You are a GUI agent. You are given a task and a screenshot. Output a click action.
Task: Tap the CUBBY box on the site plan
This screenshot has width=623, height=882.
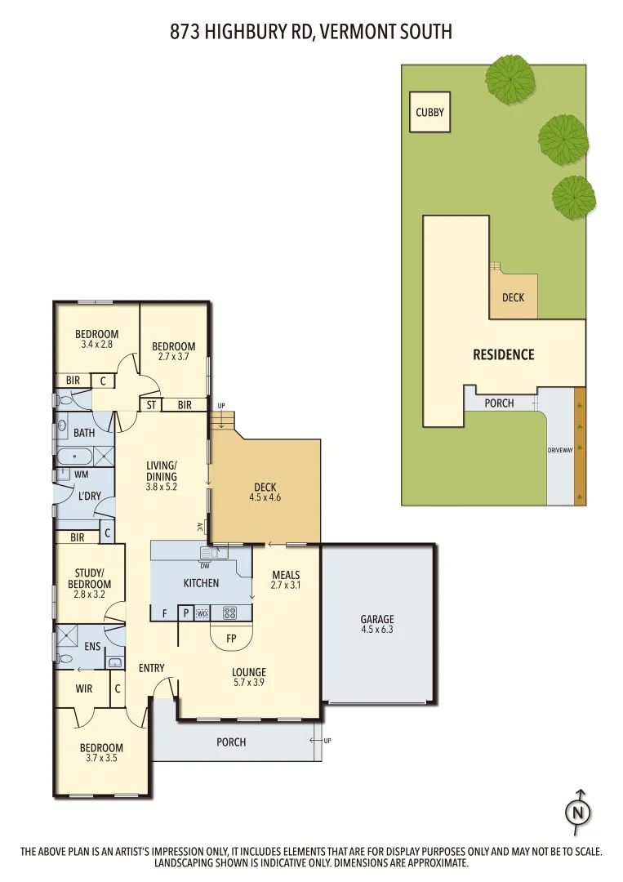430,113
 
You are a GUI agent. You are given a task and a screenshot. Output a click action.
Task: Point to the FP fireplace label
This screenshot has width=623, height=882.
231,639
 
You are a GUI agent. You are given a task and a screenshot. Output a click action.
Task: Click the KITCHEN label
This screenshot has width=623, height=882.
201,583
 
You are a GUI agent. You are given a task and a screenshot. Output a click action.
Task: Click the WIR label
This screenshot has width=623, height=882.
84,688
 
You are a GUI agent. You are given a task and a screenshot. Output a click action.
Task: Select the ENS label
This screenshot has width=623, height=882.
92,646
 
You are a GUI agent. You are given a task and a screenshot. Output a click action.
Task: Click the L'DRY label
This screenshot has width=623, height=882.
89,497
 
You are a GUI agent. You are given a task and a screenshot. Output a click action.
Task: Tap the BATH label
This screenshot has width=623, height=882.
84,433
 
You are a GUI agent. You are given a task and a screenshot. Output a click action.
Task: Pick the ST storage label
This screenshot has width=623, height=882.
151,405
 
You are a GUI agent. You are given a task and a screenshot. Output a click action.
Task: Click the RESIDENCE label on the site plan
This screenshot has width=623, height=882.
504,354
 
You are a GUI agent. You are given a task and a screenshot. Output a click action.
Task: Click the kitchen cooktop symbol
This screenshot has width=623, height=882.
229,612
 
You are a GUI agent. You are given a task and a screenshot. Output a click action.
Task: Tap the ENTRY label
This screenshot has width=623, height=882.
152,668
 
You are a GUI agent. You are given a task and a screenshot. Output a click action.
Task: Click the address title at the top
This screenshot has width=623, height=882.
311,32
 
